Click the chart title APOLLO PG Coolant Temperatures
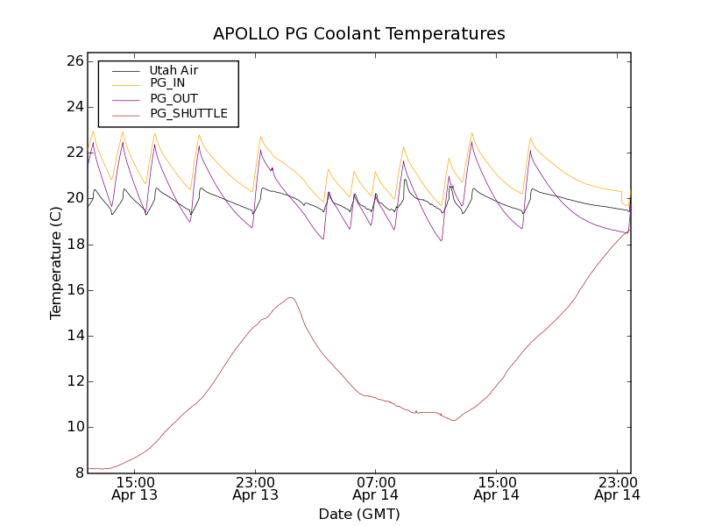coord(359,34)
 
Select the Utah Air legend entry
coord(173,70)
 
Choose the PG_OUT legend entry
coord(173,99)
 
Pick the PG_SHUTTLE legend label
coord(188,114)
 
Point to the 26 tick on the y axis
coord(74,61)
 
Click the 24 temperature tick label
coord(74,107)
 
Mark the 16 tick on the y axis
coord(74,290)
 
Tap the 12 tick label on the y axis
coord(74,381)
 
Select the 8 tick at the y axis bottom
coord(77,473)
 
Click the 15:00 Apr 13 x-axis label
coord(134,488)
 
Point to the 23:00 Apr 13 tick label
coord(255,488)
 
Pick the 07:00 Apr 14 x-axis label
coord(376,488)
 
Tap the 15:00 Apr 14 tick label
coord(497,488)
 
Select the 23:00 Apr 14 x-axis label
coord(617,488)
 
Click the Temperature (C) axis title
coord(56,263)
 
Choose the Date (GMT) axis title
coord(359,514)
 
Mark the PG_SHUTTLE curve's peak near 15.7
coord(290,297)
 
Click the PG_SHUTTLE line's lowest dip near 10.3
coord(454,421)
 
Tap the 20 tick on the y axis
coord(74,198)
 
